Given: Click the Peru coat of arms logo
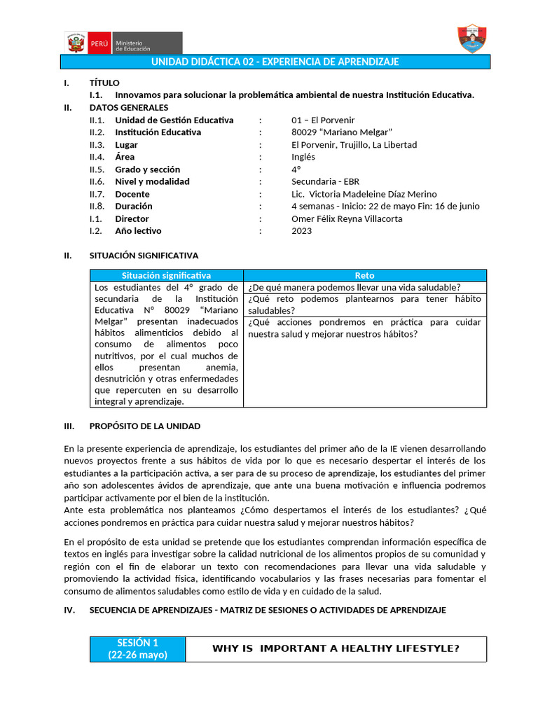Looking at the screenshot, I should tap(75, 43).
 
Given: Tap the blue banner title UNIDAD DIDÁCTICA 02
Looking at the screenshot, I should tap(275, 62).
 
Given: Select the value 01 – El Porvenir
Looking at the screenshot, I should tap(323, 120).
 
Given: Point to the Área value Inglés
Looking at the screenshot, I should tap(303, 157).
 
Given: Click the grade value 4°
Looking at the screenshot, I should tap(296, 169).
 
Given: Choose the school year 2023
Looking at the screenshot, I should tap(302, 230).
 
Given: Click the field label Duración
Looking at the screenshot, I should tap(133, 206).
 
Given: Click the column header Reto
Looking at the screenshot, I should tap(364, 276).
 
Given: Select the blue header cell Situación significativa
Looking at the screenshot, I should tap(166, 276).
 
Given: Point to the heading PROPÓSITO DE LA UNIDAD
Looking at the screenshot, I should tap(144, 426).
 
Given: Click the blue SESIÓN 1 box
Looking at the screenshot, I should tap(138, 648).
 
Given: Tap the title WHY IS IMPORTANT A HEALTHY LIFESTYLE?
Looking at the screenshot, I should tap(336, 648).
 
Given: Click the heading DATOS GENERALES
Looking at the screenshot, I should tap(129, 107).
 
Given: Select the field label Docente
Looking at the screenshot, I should tap(132, 194).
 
